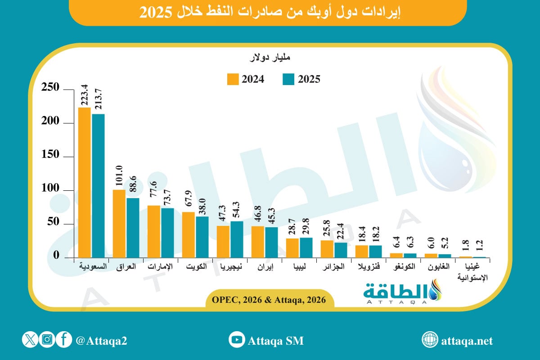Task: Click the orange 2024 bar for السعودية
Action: click(x=85, y=182)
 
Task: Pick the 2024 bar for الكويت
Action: click(x=189, y=234)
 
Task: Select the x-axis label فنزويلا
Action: click(x=369, y=266)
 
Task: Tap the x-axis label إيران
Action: click(x=265, y=266)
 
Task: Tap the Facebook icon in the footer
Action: click(x=64, y=340)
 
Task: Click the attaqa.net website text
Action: click(x=467, y=341)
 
